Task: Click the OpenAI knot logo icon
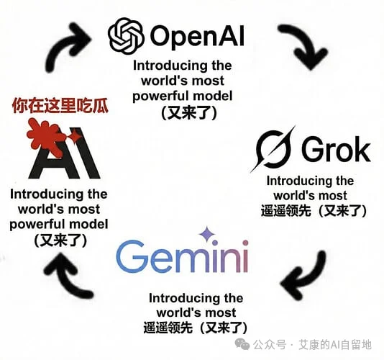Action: coord(126,36)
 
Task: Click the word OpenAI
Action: coord(197,36)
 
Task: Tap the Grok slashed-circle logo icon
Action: coord(273,149)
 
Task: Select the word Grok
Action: coord(336,149)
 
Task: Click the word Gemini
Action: coord(183,256)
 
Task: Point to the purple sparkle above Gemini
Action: coord(207,234)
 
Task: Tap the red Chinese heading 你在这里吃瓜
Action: coord(60,106)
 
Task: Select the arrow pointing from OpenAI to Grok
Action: coord(305,45)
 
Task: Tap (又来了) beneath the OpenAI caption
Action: coord(189,113)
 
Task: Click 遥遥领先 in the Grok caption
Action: coord(285,211)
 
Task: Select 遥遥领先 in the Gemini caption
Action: coord(168,328)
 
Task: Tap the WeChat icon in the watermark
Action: coord(242,345)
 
